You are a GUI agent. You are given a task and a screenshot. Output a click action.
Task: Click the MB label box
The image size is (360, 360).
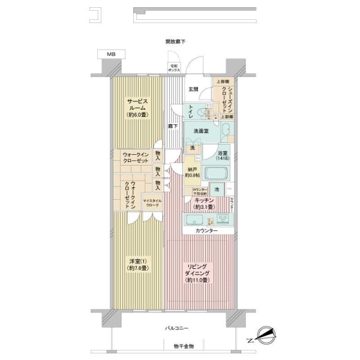coord(112,54)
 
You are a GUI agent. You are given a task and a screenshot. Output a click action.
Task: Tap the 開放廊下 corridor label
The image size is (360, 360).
coord(175,41)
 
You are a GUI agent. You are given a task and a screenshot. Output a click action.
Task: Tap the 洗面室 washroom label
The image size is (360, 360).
coord(201,131)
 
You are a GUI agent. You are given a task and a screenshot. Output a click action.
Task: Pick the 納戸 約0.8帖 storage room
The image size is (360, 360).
coord(192,174)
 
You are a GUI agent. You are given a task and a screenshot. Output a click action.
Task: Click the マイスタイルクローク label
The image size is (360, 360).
coord(151,204)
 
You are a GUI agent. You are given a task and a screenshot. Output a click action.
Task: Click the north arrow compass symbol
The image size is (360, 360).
coord(264,334)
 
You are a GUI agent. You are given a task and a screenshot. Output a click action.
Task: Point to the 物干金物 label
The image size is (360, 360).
coord(176,347)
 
